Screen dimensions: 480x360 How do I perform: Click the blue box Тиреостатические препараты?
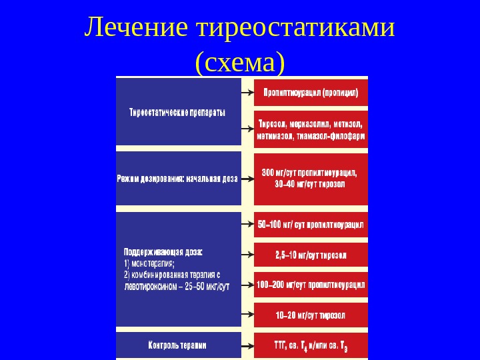[178, 112]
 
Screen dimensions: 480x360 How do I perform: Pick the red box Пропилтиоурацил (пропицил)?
[311, 93]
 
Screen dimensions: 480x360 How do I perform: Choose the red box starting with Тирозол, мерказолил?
[311, 129]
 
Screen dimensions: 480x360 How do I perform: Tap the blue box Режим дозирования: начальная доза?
[178, 178]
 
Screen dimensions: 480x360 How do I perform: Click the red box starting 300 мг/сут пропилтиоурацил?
[311, 178]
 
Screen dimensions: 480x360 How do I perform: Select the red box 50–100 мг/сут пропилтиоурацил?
[311, 225]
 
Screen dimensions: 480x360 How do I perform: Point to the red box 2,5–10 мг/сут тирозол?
[311, 255]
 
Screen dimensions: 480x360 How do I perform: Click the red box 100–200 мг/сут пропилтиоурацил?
[311, 285]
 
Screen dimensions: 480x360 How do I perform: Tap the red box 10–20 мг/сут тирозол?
[311, 314]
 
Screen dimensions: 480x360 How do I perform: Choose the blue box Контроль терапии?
[178, 345]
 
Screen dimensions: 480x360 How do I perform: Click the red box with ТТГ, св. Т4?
[311, 346]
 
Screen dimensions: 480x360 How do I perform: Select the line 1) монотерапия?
[149, 263]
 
